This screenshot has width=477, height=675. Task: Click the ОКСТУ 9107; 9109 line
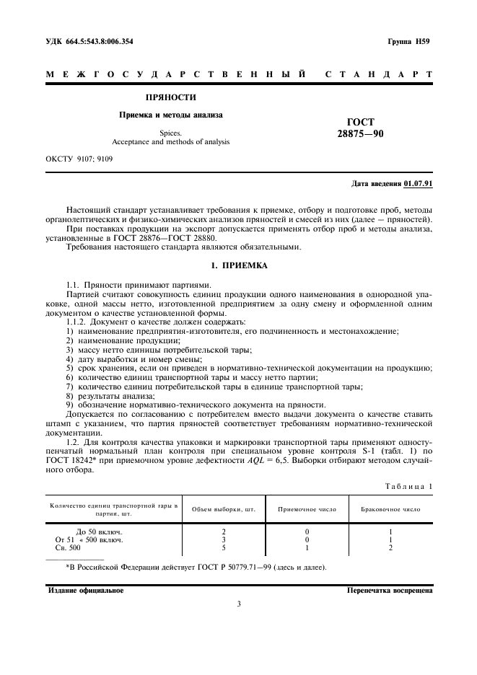coord(79,158)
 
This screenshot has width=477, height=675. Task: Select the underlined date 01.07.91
coord(418,185)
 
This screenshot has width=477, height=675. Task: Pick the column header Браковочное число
coord(390,509)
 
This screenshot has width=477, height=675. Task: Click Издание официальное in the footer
coord(85,589)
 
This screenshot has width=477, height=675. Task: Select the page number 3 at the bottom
coord(238,604)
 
